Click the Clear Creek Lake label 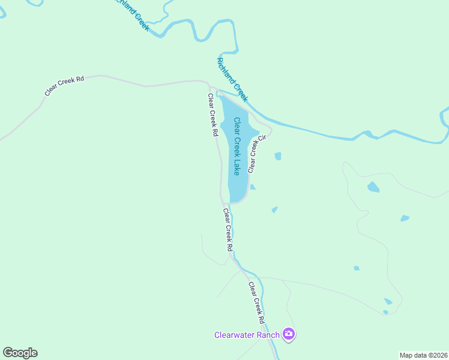(237, 146)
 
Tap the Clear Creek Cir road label (256, 154)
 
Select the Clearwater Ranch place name (248, 335)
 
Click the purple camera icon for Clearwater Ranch (289, 334)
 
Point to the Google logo (20, 353)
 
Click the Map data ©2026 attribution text (424, 355)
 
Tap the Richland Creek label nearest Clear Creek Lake (232, 79)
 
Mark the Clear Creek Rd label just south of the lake (228, 229)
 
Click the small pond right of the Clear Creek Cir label (278, 156)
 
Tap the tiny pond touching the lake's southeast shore (253, 187)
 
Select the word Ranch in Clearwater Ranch (270, 335)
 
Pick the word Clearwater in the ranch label (235, 335)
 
